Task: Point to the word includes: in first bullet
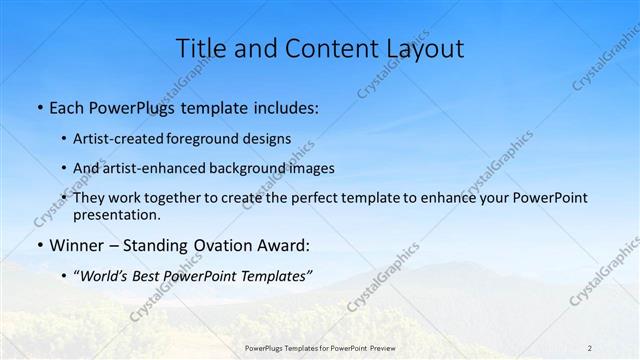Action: tap(283, 106)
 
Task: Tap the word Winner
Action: tap(76, 245)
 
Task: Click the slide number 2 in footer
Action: tap(590, 348)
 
